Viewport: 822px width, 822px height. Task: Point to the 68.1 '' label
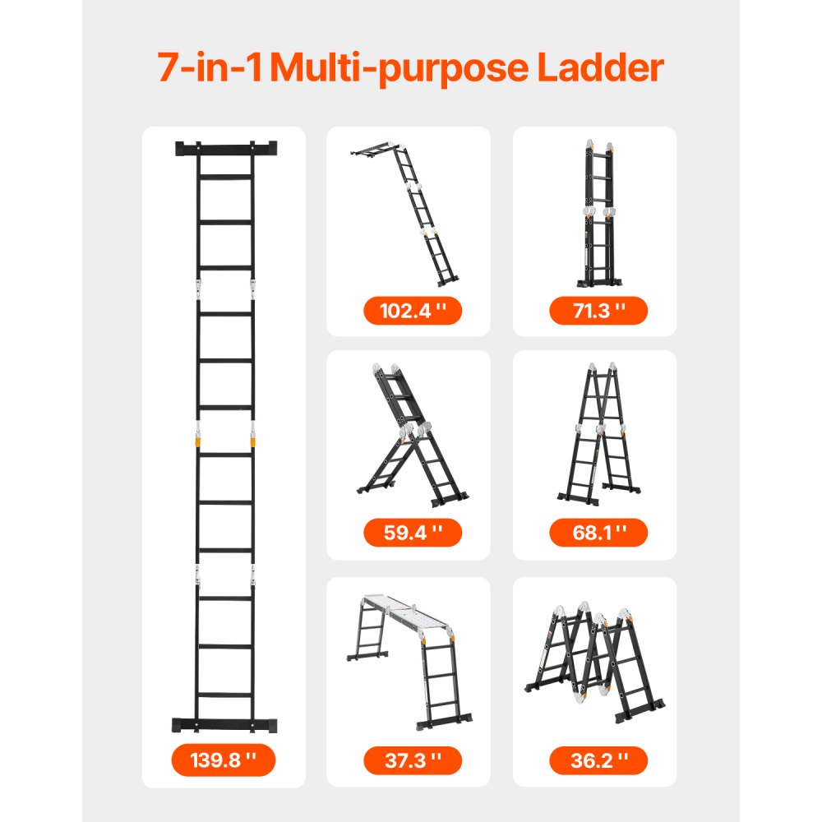[598, 533]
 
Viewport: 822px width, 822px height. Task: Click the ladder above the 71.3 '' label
[598, 214]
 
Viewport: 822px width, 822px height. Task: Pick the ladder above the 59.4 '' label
[411, 436]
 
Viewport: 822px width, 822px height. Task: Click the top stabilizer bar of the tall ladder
[226, 150]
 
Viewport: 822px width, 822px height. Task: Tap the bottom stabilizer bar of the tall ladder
[226, 725]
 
